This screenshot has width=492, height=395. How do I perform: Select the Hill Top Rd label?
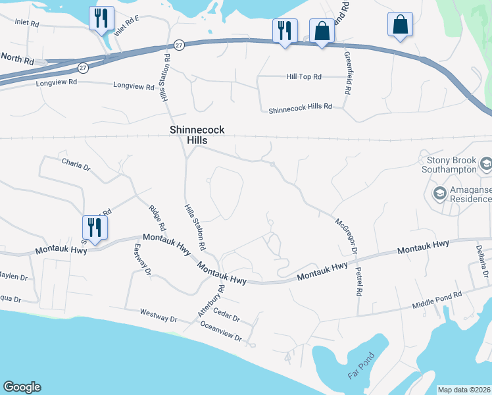303,77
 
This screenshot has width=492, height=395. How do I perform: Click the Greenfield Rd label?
347,73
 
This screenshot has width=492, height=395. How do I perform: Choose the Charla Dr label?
76,164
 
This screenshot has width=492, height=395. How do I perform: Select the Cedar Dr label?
228,317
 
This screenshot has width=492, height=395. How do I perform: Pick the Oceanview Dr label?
221,332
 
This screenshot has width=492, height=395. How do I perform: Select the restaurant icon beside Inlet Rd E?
101,18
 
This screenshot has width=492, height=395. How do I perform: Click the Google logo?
22,387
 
